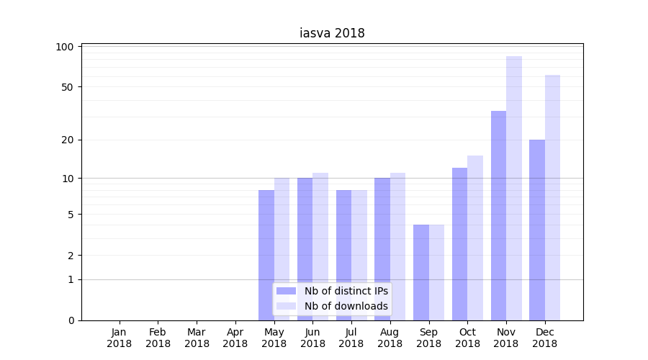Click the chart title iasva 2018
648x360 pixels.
(x=332, y=33)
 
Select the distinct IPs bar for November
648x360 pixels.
(x=498, y=215)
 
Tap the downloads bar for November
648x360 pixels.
(x=514, y=188)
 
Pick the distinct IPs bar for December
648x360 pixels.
(x=537, y=230)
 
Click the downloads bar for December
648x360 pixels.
(x=552, y=197)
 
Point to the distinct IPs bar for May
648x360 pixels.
(x=266, y=255)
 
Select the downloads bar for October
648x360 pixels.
(x=475, y=238)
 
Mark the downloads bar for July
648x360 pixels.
(x=359, y=255)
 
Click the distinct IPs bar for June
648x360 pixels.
(x=305, y=248)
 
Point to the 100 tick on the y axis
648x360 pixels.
(x=65, y=47)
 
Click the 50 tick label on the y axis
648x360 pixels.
(x=68, y=87)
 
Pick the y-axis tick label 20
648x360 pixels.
(x=68, y=140)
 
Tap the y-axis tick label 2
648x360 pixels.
(x=71, y=256)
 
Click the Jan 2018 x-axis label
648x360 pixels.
(x=120, y=338)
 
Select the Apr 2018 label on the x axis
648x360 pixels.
(x=235, y=338)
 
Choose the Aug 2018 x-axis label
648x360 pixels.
(x=390, y=338)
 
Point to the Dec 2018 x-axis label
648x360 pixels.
(x=544, y=338)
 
